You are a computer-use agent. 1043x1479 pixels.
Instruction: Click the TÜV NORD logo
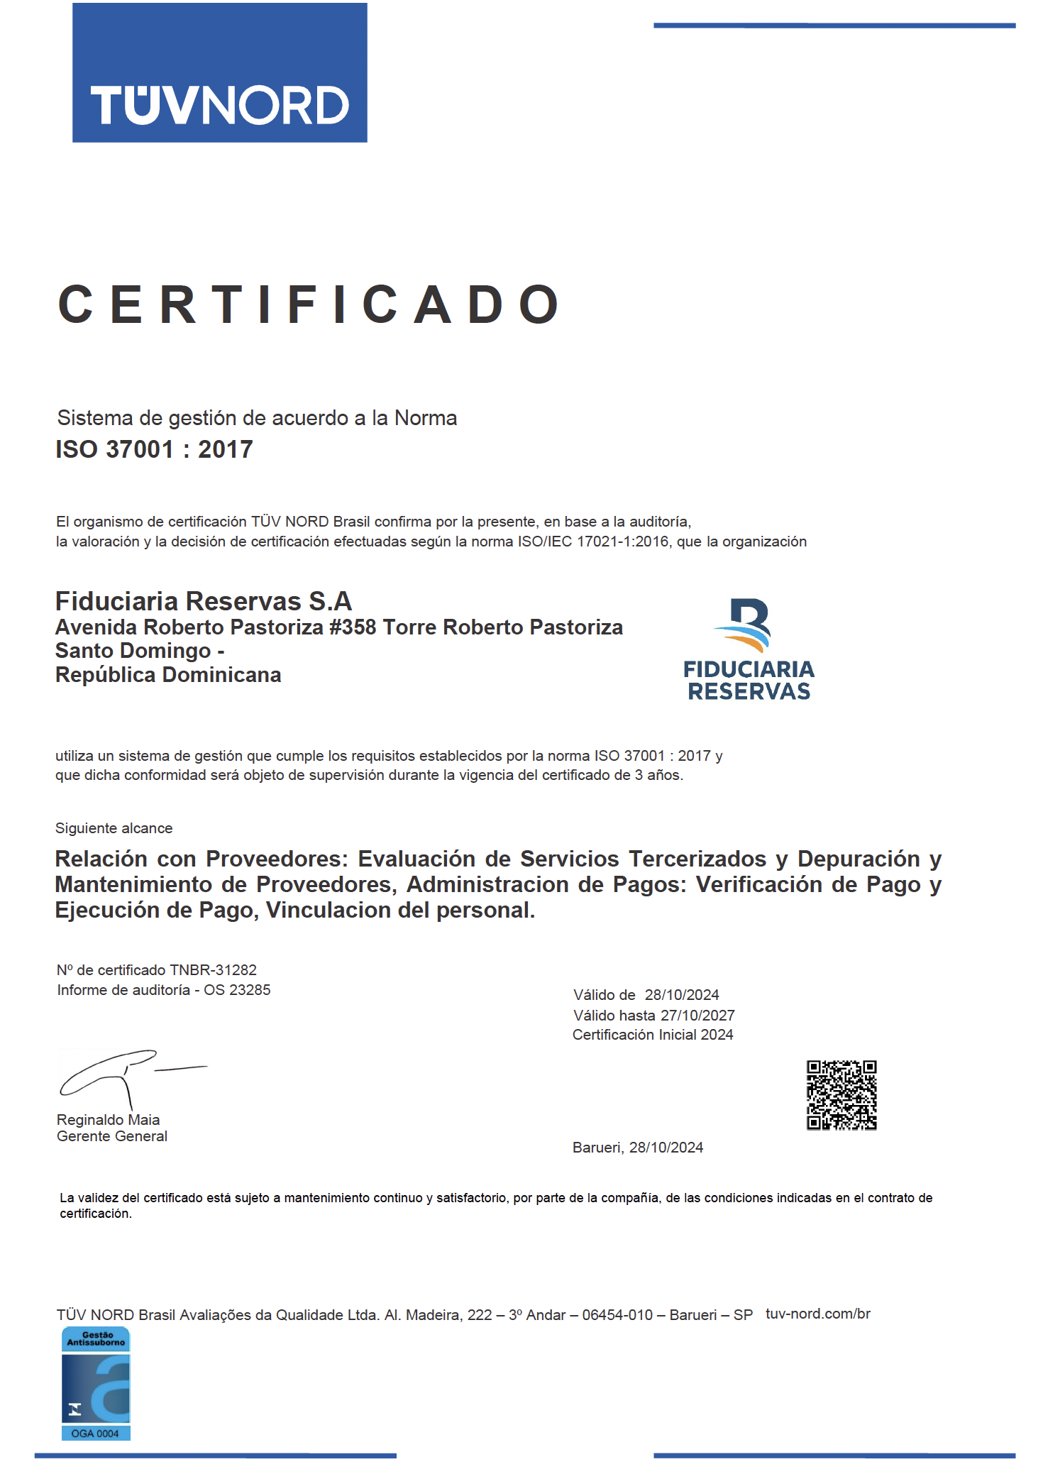click(x=219, y=73)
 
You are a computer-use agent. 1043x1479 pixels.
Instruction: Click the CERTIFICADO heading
click(x=309, y=304)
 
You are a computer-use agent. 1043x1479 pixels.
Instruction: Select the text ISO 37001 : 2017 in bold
click(x=154, y=449)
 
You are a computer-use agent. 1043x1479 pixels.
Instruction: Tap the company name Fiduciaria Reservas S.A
click(x=204, y=601)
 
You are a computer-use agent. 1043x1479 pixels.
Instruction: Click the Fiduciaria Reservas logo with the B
click(x=749, y=649)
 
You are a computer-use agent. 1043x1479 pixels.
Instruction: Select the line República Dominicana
click(x=168, y=675)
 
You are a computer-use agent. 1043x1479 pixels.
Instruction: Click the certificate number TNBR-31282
click(x=213, y=969)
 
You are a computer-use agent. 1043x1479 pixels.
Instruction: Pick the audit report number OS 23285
click(x=237, y=989)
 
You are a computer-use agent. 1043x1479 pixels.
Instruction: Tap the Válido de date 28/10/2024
click(x=681, y=995)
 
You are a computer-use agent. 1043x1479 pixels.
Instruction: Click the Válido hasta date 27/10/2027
click(x=697, y=1015)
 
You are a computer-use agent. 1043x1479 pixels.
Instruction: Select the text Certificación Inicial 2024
click(x=653, y=1035)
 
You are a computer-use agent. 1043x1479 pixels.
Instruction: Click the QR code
click(x=841, y=1095)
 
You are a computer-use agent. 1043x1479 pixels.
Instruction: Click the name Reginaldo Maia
click(x=108, y=1120)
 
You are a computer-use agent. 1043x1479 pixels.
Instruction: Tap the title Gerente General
click(x=112, y=1136)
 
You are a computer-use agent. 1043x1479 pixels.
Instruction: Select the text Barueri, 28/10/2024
click(x=637, y=1148)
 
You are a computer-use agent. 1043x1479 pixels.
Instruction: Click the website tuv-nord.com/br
click(x=817, y=1314)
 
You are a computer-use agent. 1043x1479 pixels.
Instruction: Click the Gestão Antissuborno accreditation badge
click(x=96, y=1383)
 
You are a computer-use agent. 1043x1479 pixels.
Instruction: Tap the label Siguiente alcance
click(x=114, y=828)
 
